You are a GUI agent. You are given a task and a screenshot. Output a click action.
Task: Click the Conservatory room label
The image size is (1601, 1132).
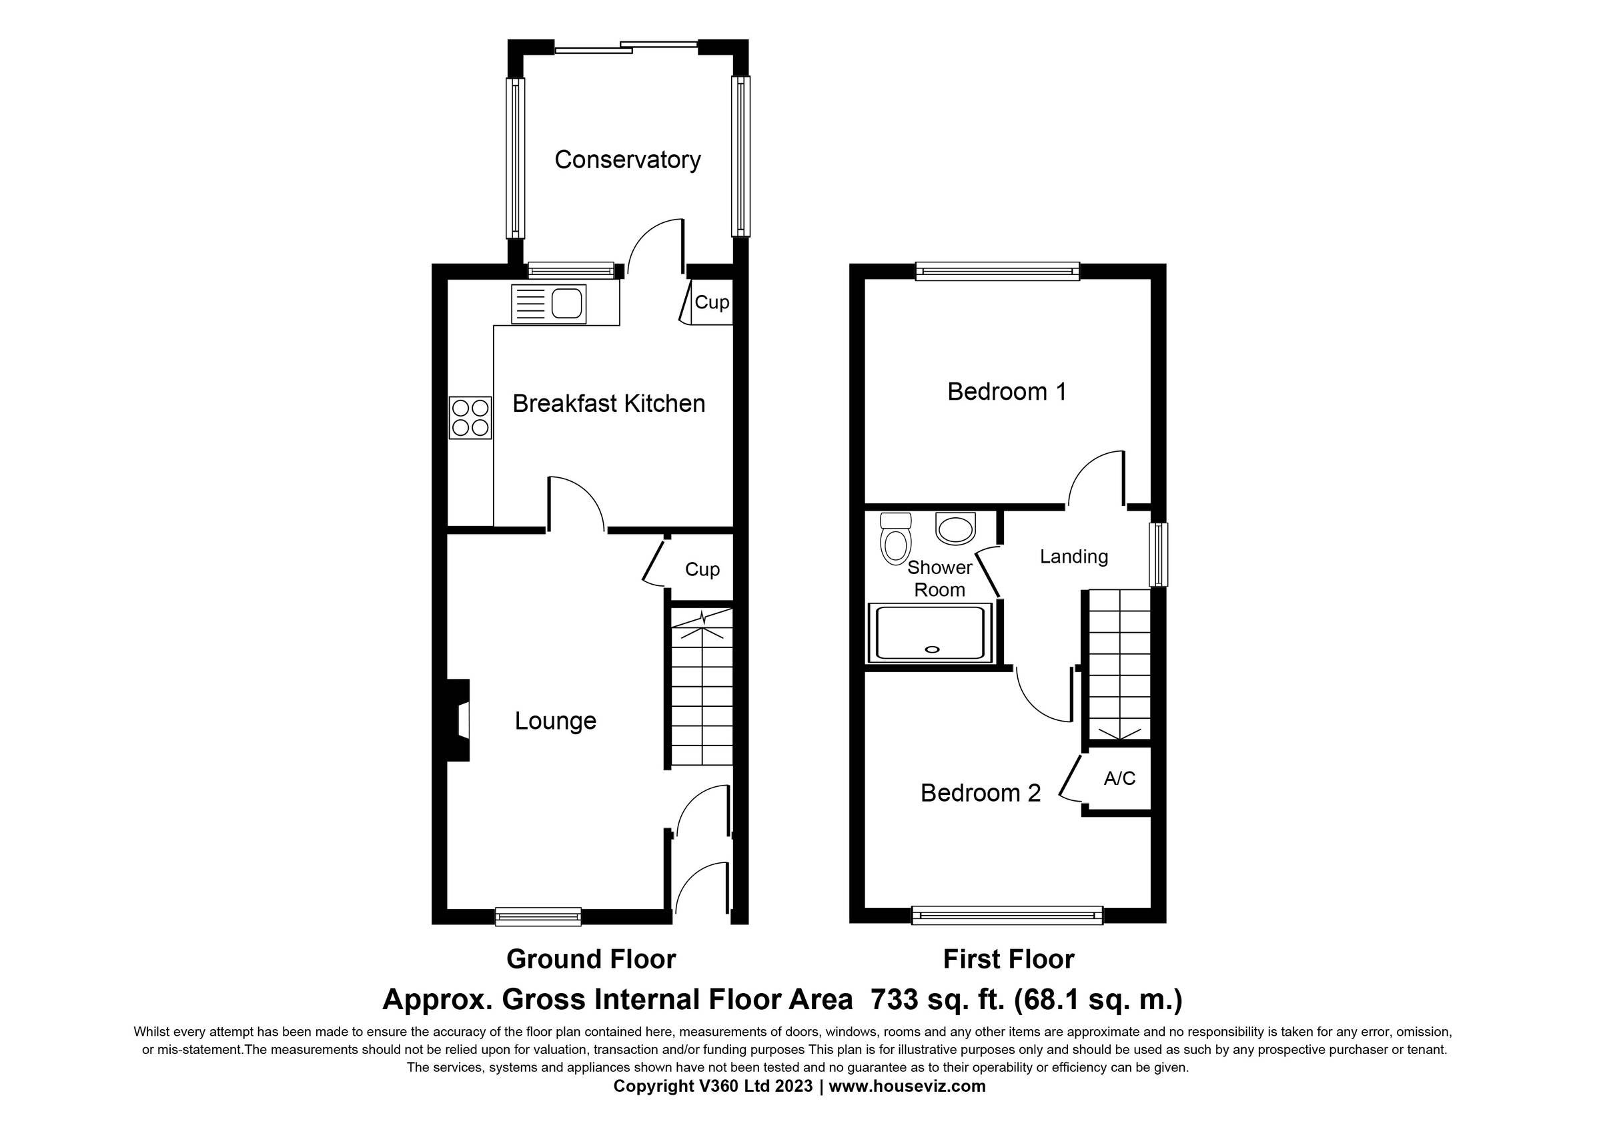[627, 160]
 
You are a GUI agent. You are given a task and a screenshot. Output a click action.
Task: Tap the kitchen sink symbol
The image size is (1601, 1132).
[549, 304]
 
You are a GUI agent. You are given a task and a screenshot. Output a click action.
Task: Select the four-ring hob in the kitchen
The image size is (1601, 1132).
[471, 417]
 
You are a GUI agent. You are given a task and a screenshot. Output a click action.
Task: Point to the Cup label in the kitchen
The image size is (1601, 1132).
[711, 303]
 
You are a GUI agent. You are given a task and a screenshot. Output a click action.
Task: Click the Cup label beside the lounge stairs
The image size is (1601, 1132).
[702, 570]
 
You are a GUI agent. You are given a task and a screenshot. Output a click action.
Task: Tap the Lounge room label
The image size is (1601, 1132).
[555, 720]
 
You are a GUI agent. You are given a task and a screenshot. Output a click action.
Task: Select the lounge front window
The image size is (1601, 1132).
[538, 916]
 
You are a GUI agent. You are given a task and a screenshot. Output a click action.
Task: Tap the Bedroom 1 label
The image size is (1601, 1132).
[1006, 392]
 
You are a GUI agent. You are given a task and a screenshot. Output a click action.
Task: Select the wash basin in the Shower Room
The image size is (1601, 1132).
[955, 529]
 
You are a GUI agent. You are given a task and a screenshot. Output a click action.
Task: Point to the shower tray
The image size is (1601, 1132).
[929, 633]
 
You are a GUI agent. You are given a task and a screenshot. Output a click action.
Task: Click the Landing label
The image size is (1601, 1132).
[1073, 557]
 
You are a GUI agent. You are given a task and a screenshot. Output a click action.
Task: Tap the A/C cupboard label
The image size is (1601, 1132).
[1119, 778]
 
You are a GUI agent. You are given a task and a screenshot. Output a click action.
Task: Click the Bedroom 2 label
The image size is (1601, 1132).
[980, 793]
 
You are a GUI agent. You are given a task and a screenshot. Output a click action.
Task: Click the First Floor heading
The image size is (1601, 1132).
[1007, 960]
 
